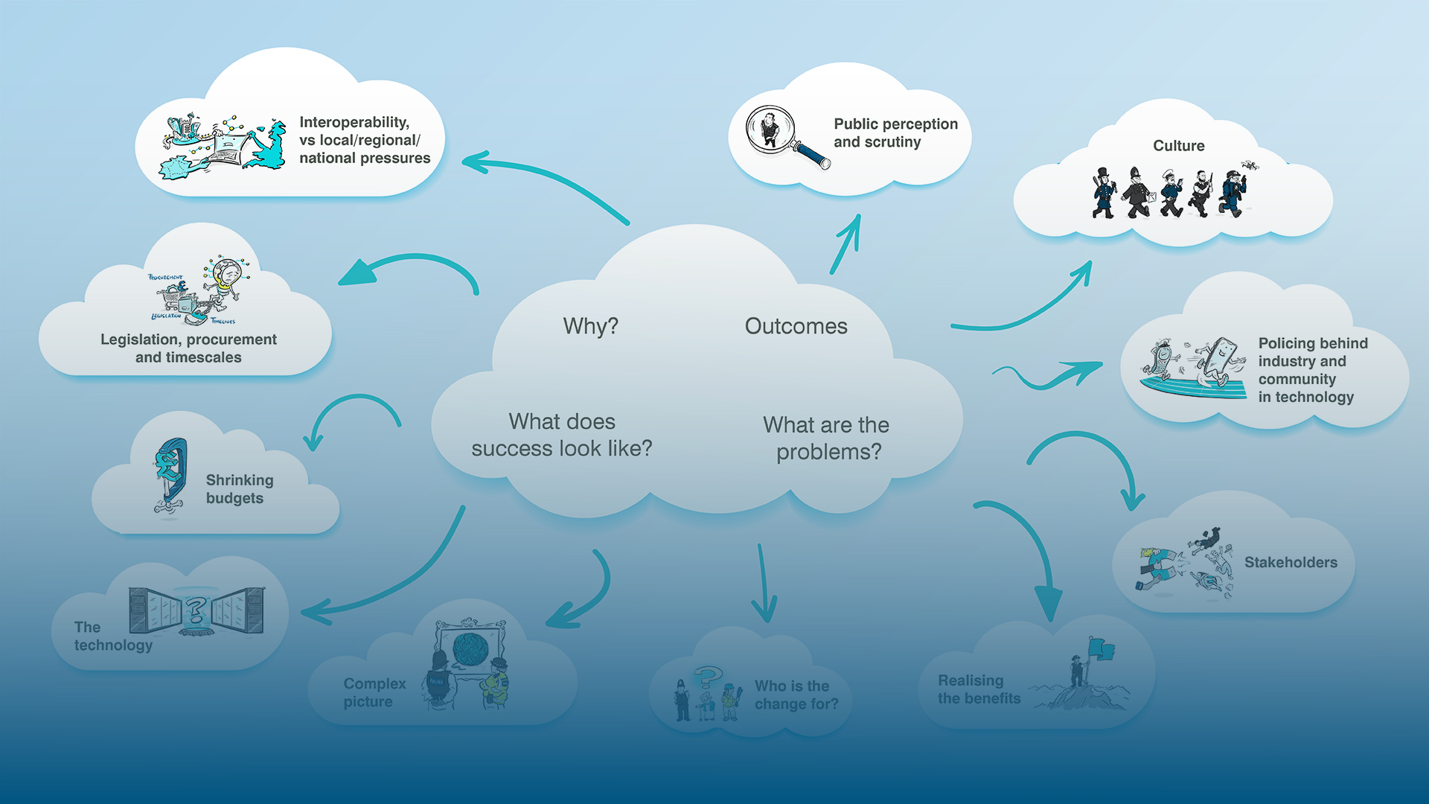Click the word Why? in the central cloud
click(590, 326)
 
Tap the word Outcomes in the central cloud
click(796, 326)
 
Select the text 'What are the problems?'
click(827, 438)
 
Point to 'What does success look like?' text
click(562, 435)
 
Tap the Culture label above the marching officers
click(1178, 146)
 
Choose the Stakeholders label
click(1291, 563)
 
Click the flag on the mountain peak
click(1100, 650)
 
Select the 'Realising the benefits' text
click(978, 689)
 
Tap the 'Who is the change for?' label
click(796, 695)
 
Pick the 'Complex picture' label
click(374, 692)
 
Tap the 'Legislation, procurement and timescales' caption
click(188, 348)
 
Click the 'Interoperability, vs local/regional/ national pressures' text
click(364, 140)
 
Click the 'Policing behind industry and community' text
click(1312, 370)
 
